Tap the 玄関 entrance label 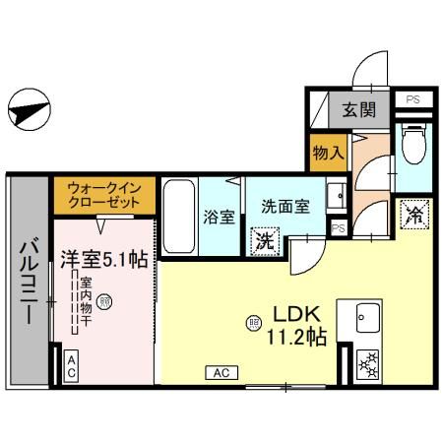(358, 110)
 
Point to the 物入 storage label (328, 153)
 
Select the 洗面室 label (285, 207)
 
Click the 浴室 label (219, 216)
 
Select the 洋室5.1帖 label (105, 260)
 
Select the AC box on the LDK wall (221, 372)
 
